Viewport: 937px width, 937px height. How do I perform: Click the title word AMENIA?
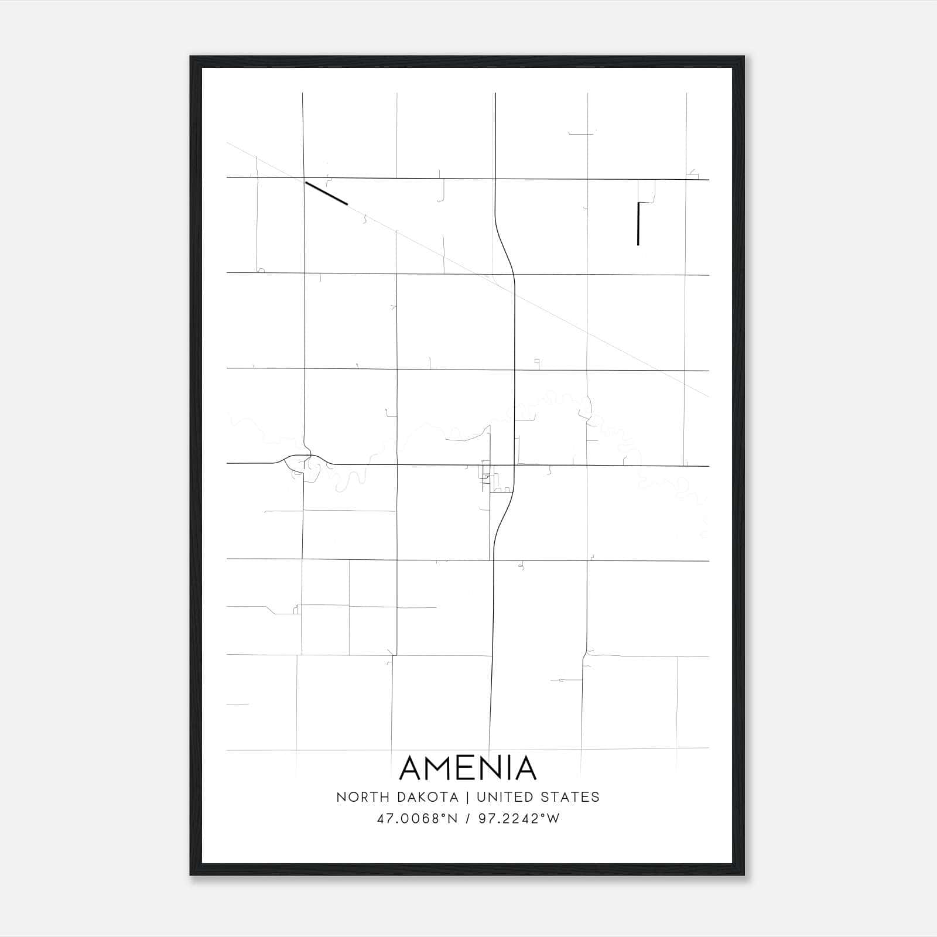coord(468,768)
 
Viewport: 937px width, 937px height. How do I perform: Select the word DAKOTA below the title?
coord(422,797)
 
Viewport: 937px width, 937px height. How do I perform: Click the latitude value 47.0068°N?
coord(416,819)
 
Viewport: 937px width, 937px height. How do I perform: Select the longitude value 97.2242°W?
coord(519,819)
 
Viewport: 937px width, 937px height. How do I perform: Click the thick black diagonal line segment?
coord(326,193)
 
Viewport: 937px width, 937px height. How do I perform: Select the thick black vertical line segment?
coord(638,224)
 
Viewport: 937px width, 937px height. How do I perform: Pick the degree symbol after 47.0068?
coord(443,815)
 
